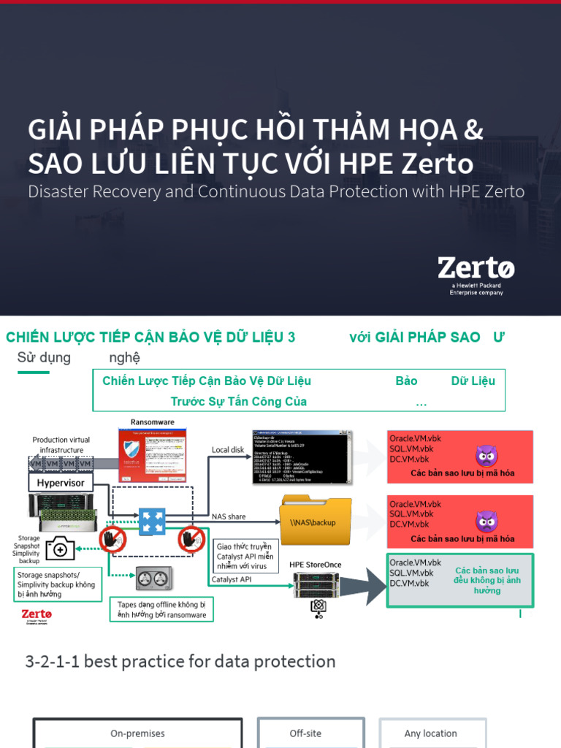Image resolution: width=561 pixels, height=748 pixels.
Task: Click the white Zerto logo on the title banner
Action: pyautogui.click(x=476, y=268)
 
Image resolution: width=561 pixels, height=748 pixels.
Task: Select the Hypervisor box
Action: pyautogui.click(x=61, y=483)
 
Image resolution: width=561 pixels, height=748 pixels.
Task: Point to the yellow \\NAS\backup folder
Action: pyautogui.click(x=315, y=520)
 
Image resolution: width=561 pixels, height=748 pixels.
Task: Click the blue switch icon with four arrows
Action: pyautogui.click(x=152, y=522)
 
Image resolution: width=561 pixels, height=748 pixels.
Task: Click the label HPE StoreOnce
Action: pyautogui.click(x=316, y=565)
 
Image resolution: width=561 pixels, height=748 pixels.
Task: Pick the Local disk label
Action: pyautogui.click(x=228, y=450)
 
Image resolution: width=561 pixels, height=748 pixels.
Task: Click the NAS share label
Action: pyautogui.click(x=229, y=516)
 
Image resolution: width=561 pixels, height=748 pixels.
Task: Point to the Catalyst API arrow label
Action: pyautogui.click(x=232, y=580)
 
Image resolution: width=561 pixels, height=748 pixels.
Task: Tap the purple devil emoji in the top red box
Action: pyautogui.click(x=486, y=457)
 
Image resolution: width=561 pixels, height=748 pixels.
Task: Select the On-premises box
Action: pyautogui.click(x=137, y=733)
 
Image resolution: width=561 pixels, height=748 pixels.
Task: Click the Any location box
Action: pyautogui.click(x=431, y=733)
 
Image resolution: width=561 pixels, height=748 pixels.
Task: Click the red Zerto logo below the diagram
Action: pyautogui.click(x=37, y=617)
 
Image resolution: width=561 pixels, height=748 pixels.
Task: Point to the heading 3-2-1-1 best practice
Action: pyautogui.click(x=180, y=662)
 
